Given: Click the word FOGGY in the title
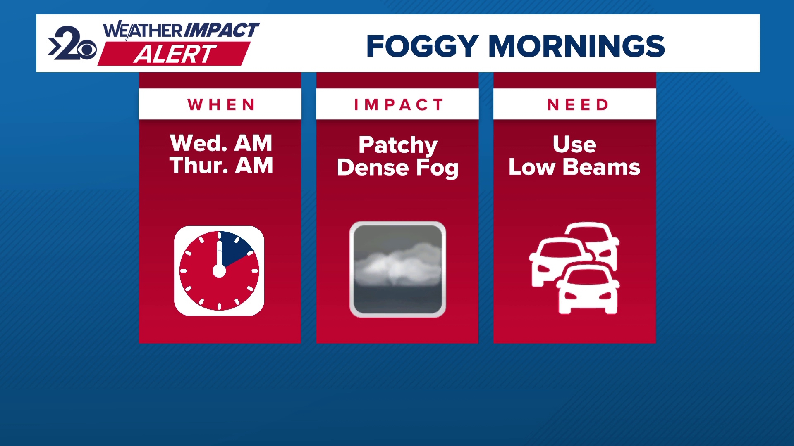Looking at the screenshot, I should (x=423, y=46).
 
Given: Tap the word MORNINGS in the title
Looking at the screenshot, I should (x=577, y=46).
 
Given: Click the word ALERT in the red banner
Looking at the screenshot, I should (x=175, y=54).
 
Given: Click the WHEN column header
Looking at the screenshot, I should (x=221, y=105).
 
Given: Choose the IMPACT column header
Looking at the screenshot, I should (x=399, y=105).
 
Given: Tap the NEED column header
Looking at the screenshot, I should (x=578, y=105).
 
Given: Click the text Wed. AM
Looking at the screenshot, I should (x=221, y=143).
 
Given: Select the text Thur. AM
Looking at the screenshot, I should (x=221, y=166).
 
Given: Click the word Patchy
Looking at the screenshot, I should (x=398, y=145).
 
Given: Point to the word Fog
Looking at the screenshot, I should (x=437, y=168).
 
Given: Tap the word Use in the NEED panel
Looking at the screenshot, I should (x=574, y=145).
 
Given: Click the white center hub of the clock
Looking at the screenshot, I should (x=219, y=271).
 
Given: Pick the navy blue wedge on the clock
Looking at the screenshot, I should (x=233, y=249).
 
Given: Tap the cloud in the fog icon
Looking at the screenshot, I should (x=398, y=264).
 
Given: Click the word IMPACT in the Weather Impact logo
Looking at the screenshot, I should (x=221, y=30).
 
